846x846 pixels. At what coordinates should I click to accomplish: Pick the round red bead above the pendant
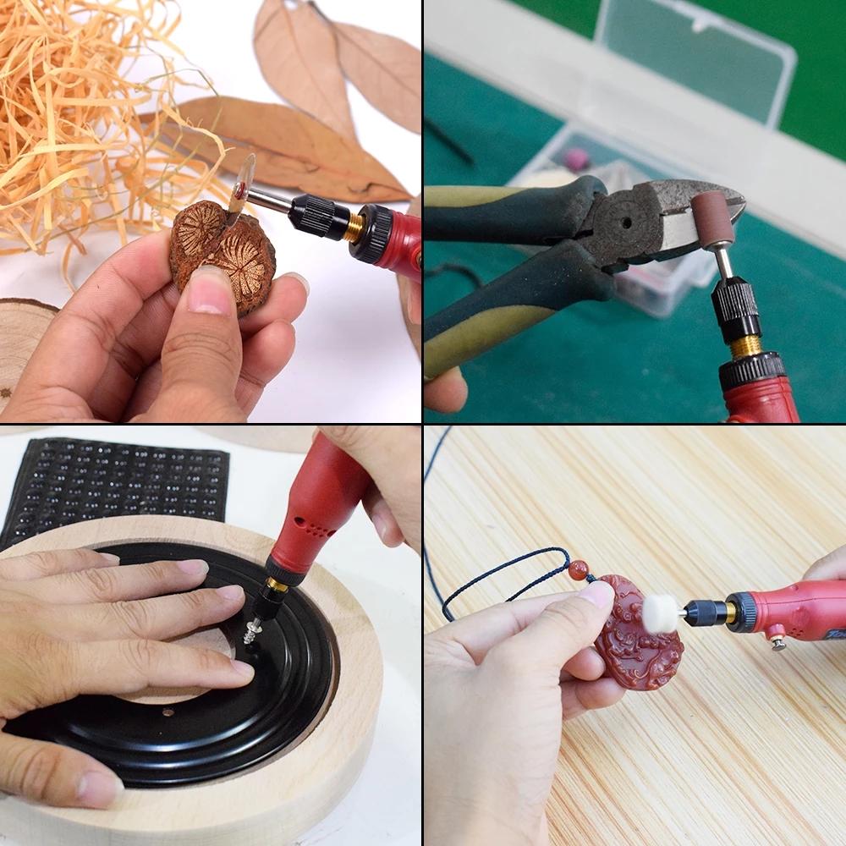click(x=578, y=569)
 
